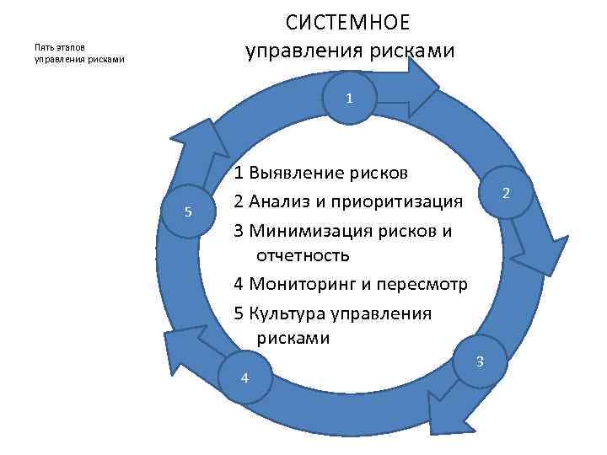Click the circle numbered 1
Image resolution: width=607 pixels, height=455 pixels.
click(348, 99)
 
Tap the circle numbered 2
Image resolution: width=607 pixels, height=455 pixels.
click(506, 194)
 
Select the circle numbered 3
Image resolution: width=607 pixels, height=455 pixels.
click(480, 362)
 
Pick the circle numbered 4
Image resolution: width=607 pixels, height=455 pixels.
click(244, 377)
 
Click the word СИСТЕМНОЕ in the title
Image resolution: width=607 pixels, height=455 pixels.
click(347, 20)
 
